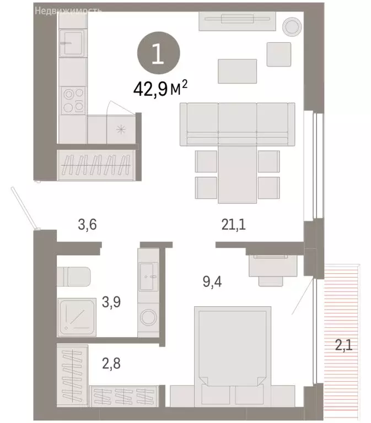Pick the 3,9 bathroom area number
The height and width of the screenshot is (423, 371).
(x=112, y=302)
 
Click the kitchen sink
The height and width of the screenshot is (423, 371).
(x=72, y=42)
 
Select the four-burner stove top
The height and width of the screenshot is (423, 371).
(x=73, y=100)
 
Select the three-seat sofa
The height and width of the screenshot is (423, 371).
(x=238, y=125)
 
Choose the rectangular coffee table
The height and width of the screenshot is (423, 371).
(x=238, y=70)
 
